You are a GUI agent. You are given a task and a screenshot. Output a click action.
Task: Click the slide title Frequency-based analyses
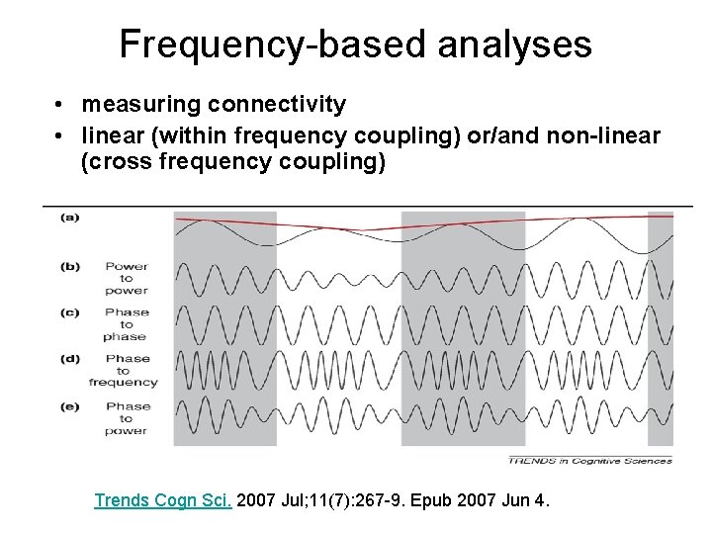[355, 44]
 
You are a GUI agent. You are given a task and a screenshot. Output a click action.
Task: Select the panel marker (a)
[70, 217]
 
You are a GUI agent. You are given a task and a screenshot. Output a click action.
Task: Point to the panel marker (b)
[70, 266]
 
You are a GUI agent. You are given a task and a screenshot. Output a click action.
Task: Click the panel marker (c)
[70, 312]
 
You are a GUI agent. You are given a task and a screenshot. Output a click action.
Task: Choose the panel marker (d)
[70, 359]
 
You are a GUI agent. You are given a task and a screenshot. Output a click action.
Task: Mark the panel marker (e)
[70, 405]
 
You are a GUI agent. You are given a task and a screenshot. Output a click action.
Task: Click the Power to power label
[126, 278]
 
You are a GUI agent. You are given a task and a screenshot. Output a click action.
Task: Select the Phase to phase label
[126, 324]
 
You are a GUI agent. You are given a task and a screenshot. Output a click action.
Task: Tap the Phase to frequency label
[124, 371]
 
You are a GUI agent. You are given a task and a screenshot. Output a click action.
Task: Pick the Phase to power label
[126, 417]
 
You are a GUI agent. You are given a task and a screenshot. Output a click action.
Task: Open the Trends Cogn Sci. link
[163, 500]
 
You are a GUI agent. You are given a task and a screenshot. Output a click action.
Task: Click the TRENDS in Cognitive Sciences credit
[590, 460]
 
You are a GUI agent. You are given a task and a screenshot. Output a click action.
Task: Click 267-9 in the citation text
[394, 500]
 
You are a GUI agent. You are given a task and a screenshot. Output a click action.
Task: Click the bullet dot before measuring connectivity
[60, 105]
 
